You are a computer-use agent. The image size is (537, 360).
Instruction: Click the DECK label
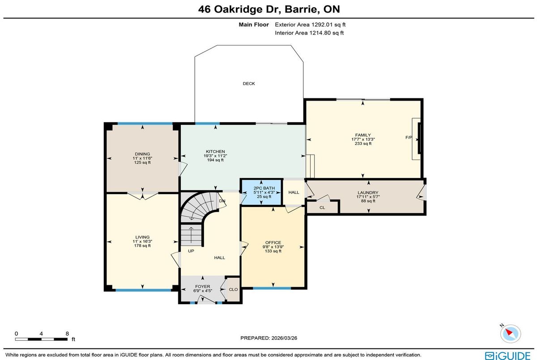point(249,84)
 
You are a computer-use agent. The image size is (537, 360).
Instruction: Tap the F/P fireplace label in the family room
point(409,137)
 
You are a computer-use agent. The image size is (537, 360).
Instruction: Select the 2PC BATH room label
point(264,188)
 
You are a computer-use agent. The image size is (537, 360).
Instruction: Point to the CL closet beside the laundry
point(322,208)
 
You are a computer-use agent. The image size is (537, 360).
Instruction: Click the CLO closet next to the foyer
point(233,290)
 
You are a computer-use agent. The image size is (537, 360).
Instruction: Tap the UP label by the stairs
point(191,251)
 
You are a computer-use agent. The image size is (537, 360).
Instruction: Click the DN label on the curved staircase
point(222,201)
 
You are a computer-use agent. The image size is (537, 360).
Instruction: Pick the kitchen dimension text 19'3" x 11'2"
point(215,156)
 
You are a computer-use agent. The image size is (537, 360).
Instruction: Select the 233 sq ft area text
point(363,144)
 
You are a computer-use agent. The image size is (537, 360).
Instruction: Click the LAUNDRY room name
point(368,193)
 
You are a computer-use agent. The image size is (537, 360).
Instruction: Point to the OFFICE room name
point(273,243)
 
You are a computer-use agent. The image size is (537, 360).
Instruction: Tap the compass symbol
point(510,334)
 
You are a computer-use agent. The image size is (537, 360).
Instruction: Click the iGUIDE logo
point(508,356)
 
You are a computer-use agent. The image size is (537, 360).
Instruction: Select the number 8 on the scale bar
point(67,334)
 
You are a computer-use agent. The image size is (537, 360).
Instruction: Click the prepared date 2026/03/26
point(284,338)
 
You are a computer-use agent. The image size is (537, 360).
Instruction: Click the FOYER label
point(203,287)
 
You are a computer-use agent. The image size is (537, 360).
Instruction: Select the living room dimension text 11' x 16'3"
point(142,241)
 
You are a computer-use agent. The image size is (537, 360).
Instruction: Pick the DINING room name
point(142,154)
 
